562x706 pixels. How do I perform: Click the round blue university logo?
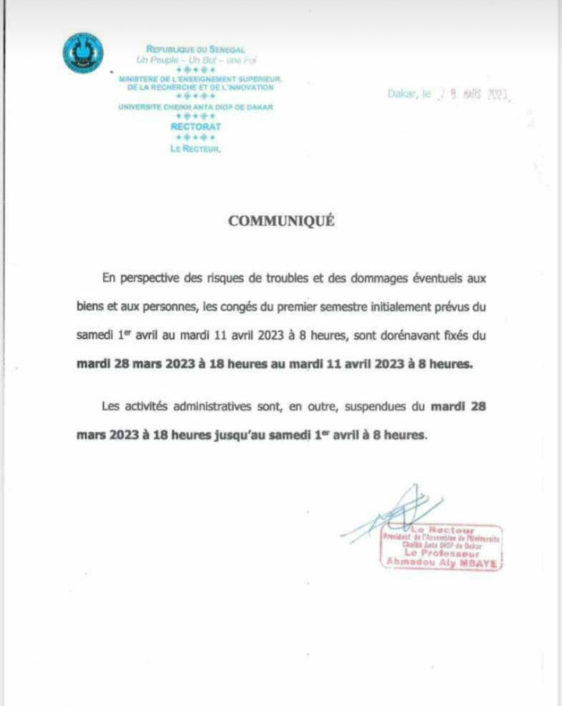83,53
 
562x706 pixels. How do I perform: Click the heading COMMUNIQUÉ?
281,221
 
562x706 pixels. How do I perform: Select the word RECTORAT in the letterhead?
195,126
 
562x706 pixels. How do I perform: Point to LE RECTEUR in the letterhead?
195,148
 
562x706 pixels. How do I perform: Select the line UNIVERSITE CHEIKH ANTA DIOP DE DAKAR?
195,107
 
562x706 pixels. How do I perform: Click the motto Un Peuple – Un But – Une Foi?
195,59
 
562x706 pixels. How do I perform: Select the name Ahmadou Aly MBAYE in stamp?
442,562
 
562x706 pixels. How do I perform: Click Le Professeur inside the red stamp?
442,554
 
